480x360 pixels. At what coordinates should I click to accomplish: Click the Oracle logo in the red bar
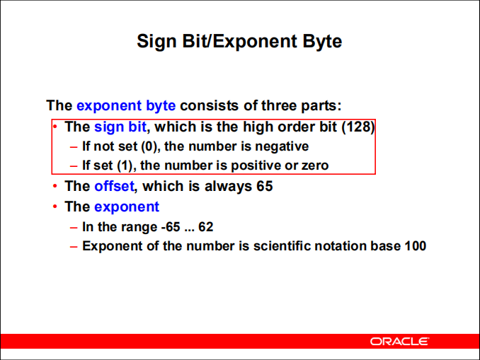pyautogui.click(x=399, y=342)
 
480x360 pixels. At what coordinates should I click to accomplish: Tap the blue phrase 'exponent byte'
pyautogui.click(x=126, y=106)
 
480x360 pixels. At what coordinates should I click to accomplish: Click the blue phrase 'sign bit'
pyautogui.click(x=121, y=127)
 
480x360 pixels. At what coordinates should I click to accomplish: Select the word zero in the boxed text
pyautogui.click(x=314, y=166)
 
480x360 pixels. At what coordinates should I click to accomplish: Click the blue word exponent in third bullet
pyautogui.click(x=127, y=207)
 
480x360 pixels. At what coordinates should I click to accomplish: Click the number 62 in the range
pyautogui.click(x=205, y=227)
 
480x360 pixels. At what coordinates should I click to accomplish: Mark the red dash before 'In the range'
pyautogui.click(x=74, y=227)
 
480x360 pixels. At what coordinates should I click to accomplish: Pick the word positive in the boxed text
pyautogui.click(x=256, y=166)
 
